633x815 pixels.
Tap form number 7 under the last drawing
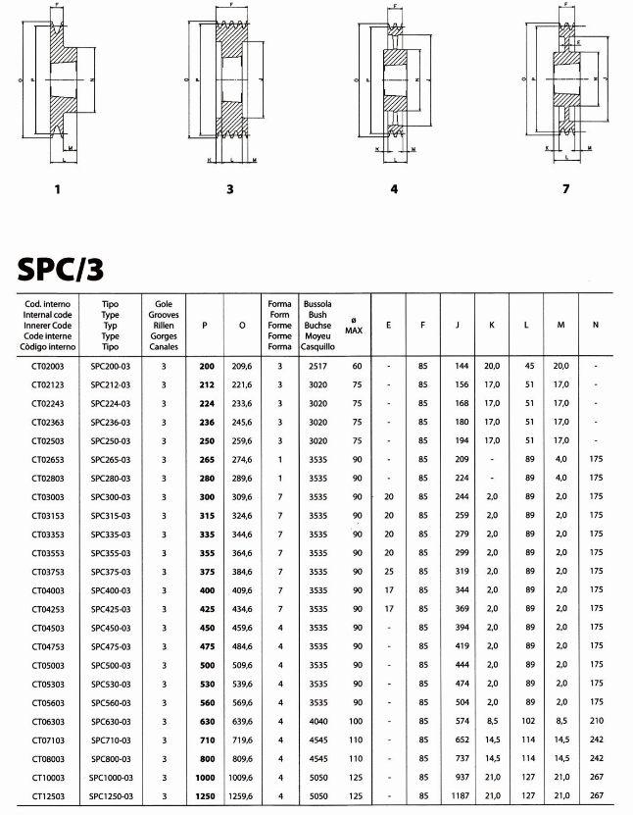pyautogui.click(x=564, y=188)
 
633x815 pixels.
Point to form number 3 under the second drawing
pyautogui.click(x=229, y=188)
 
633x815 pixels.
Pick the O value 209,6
pyautogui.click(x=242, y=365)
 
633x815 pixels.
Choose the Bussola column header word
pyautogui.click(x=317, y=304)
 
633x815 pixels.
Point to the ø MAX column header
pyautogui.click(x=354, y=325)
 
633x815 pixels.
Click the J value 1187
pyautogui.click(x=460, y=795)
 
